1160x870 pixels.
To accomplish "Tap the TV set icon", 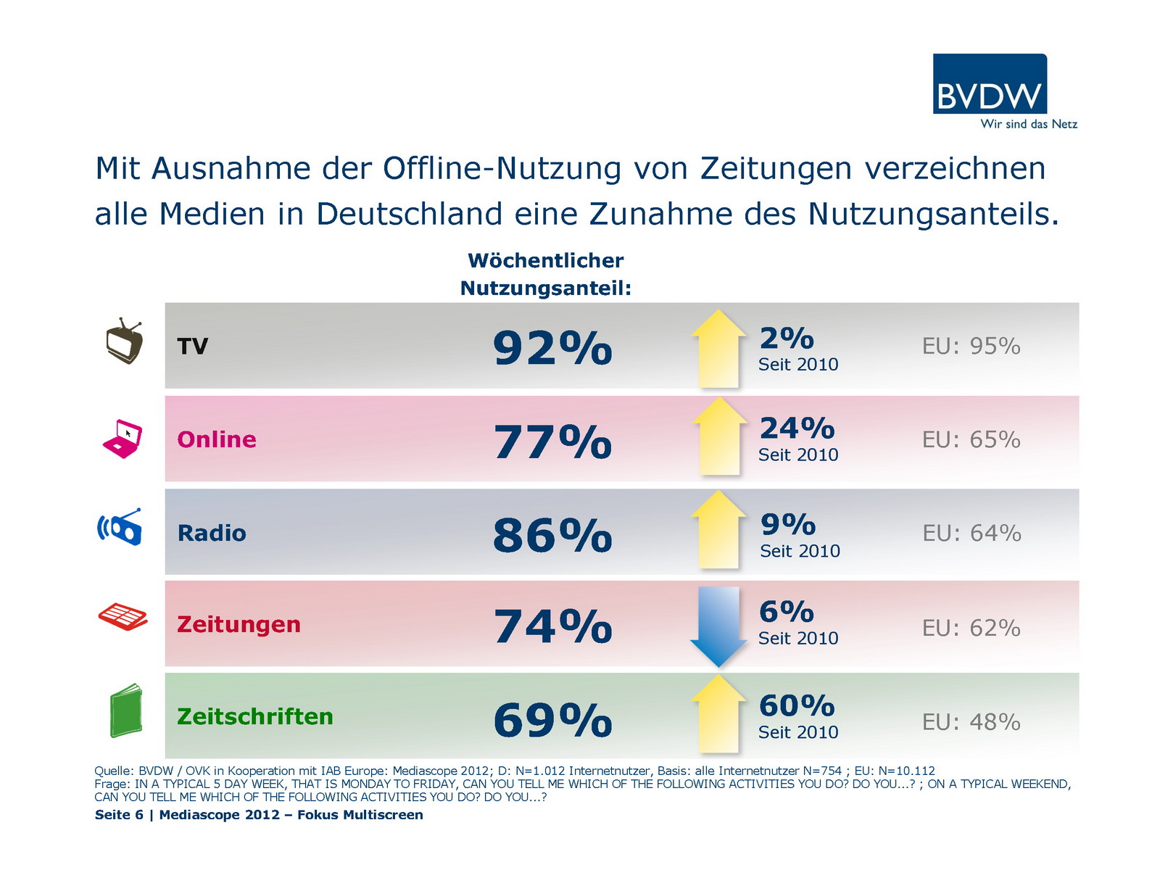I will pyautogui.click(x=124, y=341).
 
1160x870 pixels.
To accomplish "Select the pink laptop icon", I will pyautogui.click(x=123, y=439).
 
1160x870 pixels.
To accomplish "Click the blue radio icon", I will pyautogui.click(x=120, y=527).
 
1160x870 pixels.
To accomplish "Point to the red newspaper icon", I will pyautogui.click(x=123, y=617).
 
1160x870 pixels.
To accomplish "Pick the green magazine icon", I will pyautogui.click(x=125, y=710).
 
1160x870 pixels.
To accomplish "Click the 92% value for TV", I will pyautogui.click(x=552, y=348).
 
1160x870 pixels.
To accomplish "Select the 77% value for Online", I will pyautogui.click(x=552, y=442).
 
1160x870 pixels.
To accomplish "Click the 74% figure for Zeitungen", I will pyautogui.click(x=552, y=626).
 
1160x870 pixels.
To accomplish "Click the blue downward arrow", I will pyautogui.click(x=718, y=626).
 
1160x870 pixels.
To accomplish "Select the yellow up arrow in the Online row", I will pyautogui.click(x=719, y=437).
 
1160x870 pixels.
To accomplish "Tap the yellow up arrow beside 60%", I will pyautogui.click(x=718, y=715).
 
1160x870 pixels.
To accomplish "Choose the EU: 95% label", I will pyautogui.click(x=971, y=347).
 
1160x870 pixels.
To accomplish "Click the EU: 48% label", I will pyautogui.click(x=971, y=722).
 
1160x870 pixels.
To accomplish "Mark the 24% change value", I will pyautogui.click(x=797, y=428).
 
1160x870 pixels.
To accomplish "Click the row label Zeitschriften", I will pyautogui.click(x=255, y=716).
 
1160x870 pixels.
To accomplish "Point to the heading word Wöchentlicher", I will pyautogui.click(x=545, y=260).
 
